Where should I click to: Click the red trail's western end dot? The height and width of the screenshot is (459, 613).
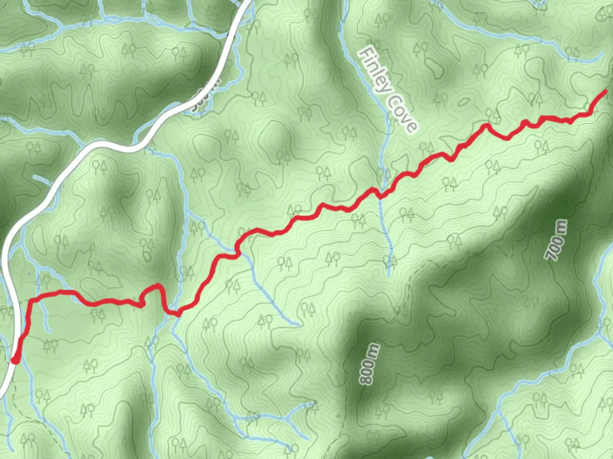coord(15,360)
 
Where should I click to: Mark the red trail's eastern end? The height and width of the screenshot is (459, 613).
coord(605,91)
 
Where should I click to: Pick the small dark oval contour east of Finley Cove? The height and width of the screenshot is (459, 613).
coord(463,102)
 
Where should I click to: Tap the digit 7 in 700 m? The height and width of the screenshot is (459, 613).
coord(551,255)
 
